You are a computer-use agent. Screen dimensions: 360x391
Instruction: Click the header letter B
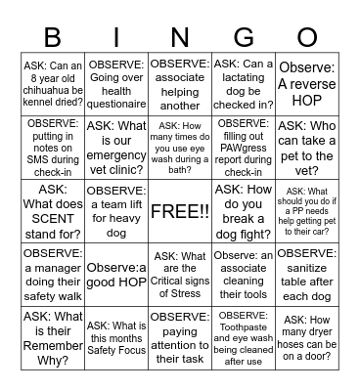52,38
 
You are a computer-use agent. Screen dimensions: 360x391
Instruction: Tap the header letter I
115,38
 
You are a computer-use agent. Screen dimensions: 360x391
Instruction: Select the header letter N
179,38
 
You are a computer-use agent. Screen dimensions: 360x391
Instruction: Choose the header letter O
307,38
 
